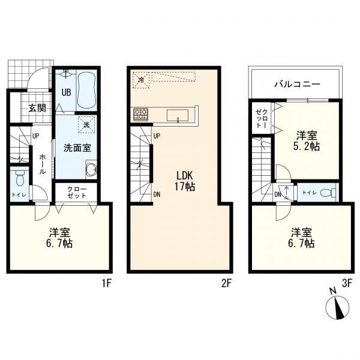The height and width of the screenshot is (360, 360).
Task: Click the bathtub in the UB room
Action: coord(86,91)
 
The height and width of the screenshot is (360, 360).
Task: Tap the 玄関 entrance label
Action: coord(37,107)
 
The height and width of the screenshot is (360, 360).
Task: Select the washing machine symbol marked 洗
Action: coord(86,125)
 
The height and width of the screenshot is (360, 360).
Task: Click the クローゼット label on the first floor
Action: coord(77,193)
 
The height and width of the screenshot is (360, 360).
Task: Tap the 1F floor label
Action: coord(107,284)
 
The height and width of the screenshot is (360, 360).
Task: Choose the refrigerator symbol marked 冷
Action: coord(141,80)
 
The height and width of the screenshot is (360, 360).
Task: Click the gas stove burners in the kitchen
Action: coord(141,114)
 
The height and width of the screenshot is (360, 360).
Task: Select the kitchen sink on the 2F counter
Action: coord(178,115)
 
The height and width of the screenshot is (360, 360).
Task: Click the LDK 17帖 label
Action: coord(185,181)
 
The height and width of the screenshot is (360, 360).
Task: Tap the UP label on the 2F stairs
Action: coord(157,136)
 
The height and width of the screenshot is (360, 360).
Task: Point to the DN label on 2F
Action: coord(157,194)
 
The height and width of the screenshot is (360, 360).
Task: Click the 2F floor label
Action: coord(226,284)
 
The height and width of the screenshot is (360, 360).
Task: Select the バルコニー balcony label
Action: coord(298,84)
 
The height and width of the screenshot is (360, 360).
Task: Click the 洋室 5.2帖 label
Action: coord(307,140)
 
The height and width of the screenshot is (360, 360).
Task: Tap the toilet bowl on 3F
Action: coord(328,193)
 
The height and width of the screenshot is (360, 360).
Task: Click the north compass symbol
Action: coord(337,307)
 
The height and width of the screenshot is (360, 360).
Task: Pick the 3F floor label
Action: coord(347,284)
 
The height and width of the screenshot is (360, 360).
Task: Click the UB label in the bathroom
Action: coord(66,92)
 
